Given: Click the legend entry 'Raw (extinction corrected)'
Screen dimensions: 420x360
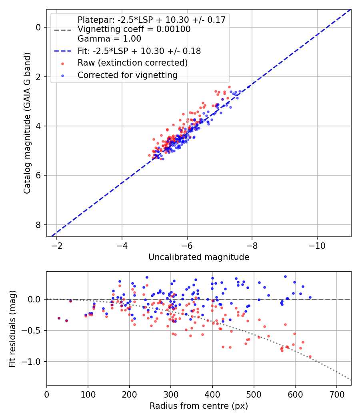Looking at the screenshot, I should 132,63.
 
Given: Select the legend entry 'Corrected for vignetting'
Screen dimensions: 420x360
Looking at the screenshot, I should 127,75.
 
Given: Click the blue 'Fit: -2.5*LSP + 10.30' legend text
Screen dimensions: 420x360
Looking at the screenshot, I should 139,51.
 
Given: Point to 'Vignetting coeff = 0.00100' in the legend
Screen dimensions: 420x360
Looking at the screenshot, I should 134,29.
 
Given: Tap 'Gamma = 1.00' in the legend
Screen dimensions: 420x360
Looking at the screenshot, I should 109,39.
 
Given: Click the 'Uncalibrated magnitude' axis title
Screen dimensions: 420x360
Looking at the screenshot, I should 199,257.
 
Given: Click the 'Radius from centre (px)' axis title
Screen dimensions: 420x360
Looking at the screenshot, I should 199,406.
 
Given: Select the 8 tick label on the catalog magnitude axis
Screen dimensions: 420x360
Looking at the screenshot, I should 38,225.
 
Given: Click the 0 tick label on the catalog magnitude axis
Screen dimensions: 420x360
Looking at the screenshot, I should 38,27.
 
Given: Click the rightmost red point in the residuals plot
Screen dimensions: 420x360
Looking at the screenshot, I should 310,356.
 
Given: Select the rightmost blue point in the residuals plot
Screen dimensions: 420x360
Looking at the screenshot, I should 310,297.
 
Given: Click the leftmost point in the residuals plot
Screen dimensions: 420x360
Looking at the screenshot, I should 59,318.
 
